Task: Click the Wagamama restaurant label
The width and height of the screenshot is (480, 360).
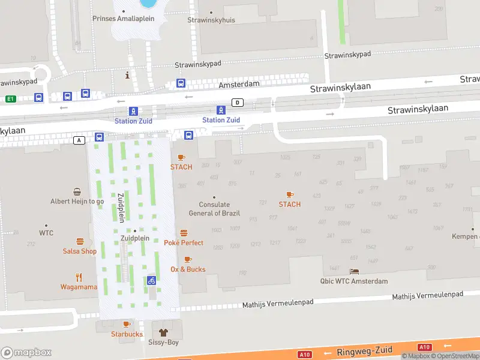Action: [x=79, y=287]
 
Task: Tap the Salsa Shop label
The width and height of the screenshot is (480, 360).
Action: [x=79, y=251]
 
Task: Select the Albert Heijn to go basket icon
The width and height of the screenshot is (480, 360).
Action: [x=77, y=192]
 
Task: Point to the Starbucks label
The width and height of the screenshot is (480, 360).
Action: [x=127, y=334]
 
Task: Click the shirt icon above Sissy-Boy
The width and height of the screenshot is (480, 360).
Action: [x=162, y=332]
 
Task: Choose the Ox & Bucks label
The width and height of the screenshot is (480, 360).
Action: [x=188, y=269]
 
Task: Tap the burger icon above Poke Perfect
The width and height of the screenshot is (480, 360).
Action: [x=184, y=233]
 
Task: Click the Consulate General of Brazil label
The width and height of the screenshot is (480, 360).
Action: [x=214, y=209]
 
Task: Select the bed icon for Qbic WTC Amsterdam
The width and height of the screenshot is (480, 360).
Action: [x=354, y=272]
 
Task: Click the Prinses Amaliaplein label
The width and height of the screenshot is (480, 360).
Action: [x=123, y=19]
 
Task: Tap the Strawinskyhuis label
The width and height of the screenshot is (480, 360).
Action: [x=211, y=20]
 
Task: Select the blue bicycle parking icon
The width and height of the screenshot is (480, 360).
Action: [x=152, y=280]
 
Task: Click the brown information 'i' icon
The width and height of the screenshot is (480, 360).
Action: [x=127, y=75]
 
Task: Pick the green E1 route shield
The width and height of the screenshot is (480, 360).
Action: [x=10, y=98]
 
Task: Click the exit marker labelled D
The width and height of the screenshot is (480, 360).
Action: [x=238, y=103]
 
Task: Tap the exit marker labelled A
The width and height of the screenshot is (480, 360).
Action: [x=79, y=140]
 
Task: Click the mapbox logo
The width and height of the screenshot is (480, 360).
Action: [x=26, y=352]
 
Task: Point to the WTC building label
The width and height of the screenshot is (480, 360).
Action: [x=46, y=233]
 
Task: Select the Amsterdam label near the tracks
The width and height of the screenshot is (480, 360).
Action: [x=239, y=85]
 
